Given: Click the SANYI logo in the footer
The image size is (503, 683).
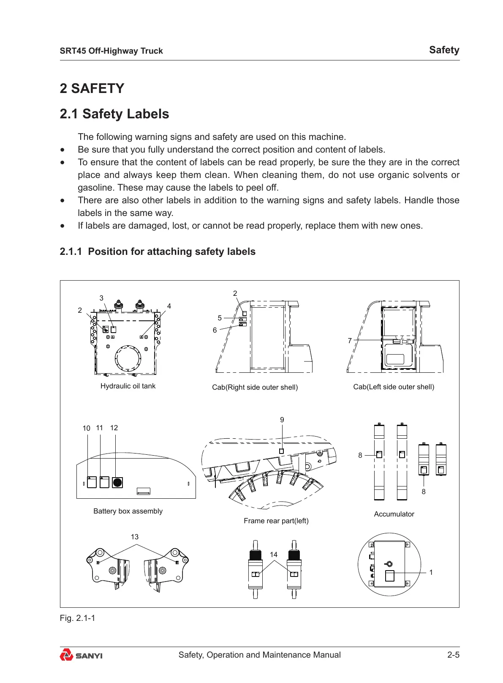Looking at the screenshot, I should click(x=81, y=656).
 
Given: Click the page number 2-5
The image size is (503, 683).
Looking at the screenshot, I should click(x=453, y=655).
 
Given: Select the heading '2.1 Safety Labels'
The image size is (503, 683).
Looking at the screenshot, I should click(x=114, y=114).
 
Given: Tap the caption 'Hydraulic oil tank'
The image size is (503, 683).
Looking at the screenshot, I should click(x=128, y=386).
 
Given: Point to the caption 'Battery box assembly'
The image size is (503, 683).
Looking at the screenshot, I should click(x=128, y=511).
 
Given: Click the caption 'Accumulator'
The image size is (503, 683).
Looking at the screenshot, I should click(x=394, y=514).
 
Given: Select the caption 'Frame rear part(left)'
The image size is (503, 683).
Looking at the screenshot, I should click(x=276, y=521).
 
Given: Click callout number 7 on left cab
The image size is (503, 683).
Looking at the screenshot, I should click(x=350, y=341).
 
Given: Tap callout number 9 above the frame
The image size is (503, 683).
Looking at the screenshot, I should click(x=282, y=420).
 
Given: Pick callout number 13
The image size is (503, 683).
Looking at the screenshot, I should click(x=135, y=537).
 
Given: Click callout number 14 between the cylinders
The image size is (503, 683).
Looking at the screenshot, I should click(x=274, y=555).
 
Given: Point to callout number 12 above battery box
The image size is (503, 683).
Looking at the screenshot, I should click(x=114, y=428).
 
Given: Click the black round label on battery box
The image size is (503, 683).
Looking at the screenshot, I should click(x=117, y=482).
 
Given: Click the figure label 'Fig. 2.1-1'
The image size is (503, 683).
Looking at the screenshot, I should click(x=77, y=618).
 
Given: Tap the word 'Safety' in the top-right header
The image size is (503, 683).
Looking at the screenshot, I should click(x=444, y=50).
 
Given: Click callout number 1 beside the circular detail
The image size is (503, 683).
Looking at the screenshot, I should click(x=431, y=573).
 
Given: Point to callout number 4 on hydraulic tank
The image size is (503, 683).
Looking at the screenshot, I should click(x=169, y=306).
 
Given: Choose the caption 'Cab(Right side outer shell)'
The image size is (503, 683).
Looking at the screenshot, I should click(x=255, y=388).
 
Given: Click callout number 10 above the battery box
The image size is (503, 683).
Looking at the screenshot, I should click(x=87, y=429).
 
